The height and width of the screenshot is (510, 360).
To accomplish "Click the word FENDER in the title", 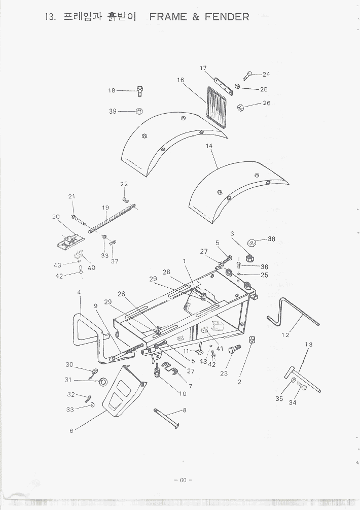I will [227, 17].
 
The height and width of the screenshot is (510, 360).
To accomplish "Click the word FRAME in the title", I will [168, 17].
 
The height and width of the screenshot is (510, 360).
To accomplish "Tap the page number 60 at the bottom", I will [183, 480].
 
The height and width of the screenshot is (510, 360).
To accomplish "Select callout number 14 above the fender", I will [209, 146].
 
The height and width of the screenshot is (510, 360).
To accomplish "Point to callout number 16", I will [181, 80].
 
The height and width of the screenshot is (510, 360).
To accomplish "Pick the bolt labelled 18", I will [141, 92].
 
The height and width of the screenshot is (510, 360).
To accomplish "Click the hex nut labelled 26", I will [241, 107].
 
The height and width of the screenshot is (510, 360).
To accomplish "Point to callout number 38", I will [271, 239].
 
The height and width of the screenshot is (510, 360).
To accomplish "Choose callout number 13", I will [308, 345].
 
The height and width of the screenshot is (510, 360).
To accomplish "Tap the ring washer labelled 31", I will [102, 381].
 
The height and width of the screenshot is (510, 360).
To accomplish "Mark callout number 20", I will [56, 217].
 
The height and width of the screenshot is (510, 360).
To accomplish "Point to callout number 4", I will [79, 292].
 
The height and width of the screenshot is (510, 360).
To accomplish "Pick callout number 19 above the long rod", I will [105, 208].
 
